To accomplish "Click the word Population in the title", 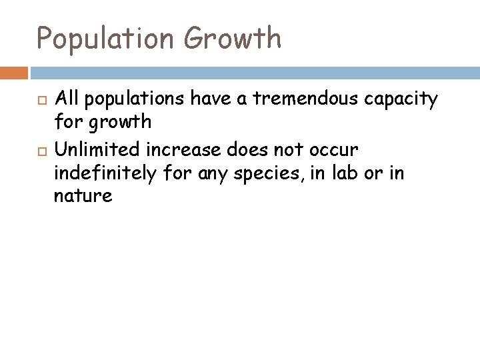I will pos(104,39).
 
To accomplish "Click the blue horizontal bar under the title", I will pos(254,71).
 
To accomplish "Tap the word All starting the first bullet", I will pos(66,100).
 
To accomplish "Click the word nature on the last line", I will pos(83,197).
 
